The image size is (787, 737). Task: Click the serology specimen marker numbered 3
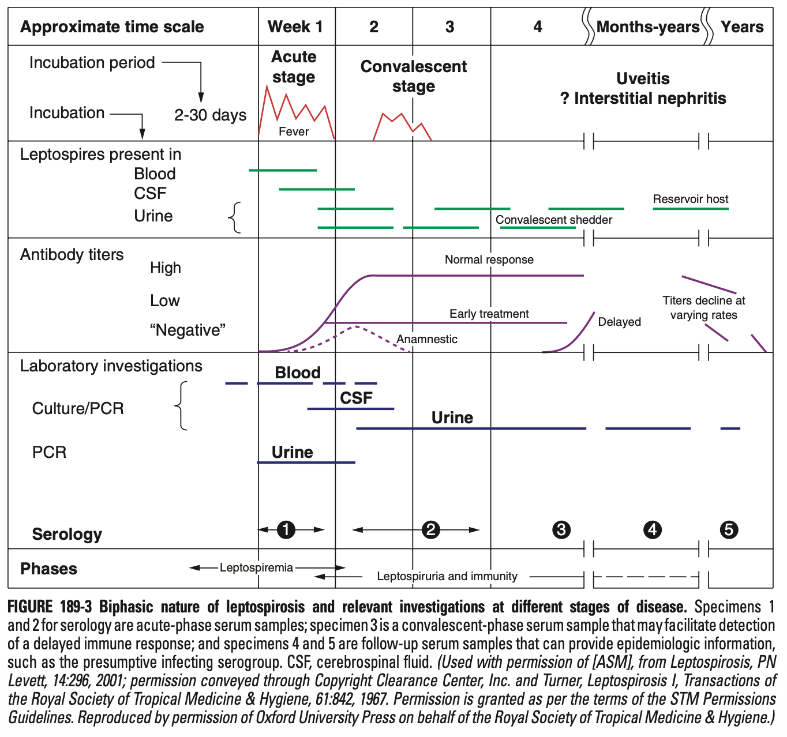pyautogui.click(x=561, y=529)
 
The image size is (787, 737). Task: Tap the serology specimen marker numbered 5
pyautogui.click(x=729, y=529)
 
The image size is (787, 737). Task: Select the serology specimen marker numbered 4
pyautogui.click(x=653, y=529)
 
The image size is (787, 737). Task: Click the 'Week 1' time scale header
pyautogui.click(x=295, y=27)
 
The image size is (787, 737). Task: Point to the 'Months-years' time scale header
pyautogui.click(x=648, y=27)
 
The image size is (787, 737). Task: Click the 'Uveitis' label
pyautogui.click(x=643, y=78)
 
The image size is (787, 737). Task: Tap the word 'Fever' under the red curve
pyautogui.click(x=294, y=131)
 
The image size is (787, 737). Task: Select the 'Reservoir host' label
pyautogui.click(x=690, y=199)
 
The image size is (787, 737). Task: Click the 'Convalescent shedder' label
pyautogui.click(x=553, y=220)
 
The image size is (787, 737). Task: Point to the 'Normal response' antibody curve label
pyautogui.click(x=489, y=260)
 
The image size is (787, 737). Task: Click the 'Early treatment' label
pyautogui.click(x=489, y=314)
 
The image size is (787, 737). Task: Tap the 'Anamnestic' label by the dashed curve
pyautogui.click(x=427, y=339)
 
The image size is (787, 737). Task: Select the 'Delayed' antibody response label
pyautogui.click(x=619, y=322)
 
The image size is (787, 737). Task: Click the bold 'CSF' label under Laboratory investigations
pyautogui.click(x=356, y=398)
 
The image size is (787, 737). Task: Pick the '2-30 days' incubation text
pyautogui.click(x=210, y=115)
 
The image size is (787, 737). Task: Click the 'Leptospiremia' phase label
pyautogui.click(x=256, y=567)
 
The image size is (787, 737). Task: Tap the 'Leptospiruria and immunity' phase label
pyautogui.click(x=447, y=576)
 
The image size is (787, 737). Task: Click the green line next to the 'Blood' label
pyautogui.click(x=283, y=170)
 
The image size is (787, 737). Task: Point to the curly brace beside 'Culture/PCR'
pyautogui.click(x=181, y=406)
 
